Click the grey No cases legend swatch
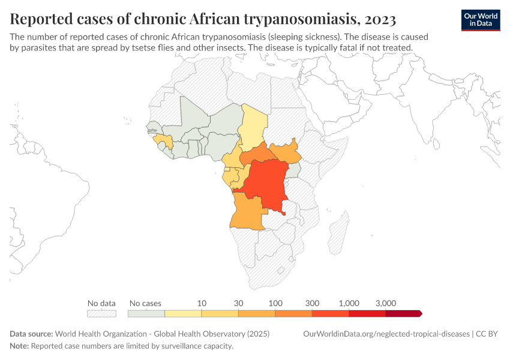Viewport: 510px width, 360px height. coord(146,313)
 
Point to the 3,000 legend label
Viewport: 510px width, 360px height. coord(385,303)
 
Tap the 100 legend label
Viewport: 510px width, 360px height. coord(275,303)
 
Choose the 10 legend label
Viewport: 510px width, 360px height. coord(202,303)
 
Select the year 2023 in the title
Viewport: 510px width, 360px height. coord(380,20)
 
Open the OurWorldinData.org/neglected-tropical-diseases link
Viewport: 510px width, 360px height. coord(386,334)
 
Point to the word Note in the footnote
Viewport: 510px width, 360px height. coord(19,346)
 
